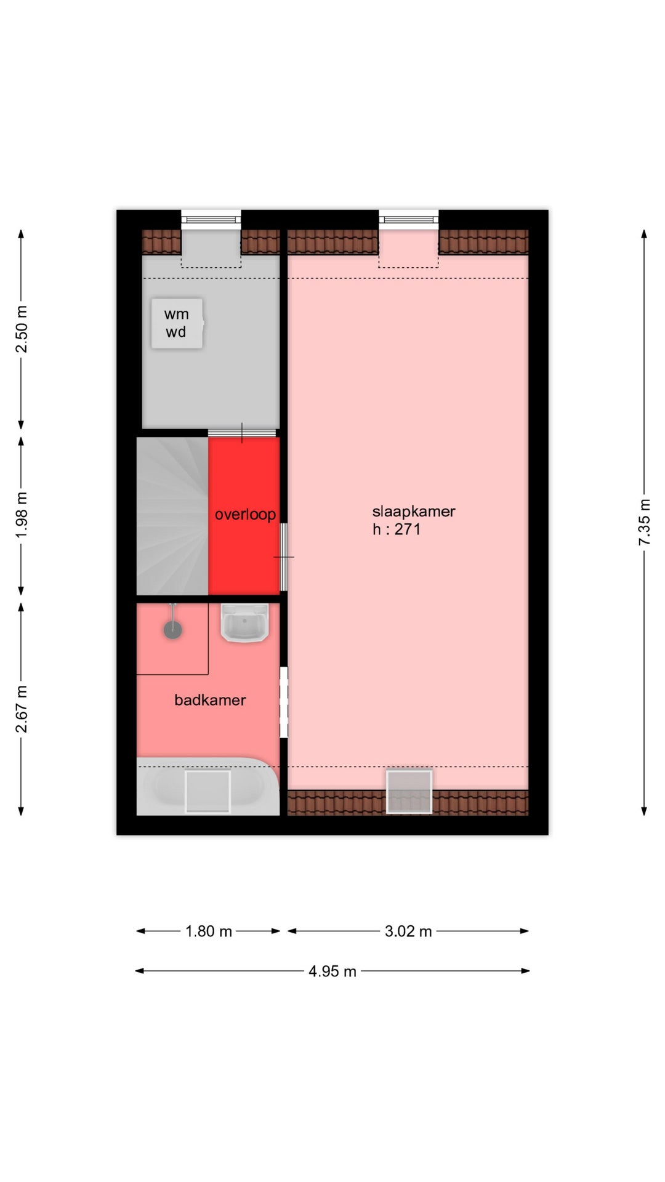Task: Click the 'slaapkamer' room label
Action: coord(413,512)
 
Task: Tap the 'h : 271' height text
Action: coord(397,529)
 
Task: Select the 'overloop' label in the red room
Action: coord(245,514)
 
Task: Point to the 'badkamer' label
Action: coord(210,700)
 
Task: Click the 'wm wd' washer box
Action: coord(177,323)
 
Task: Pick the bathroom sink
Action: coord(244,623)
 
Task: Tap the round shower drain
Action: coord(172,629)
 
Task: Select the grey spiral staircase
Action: coord(172,516)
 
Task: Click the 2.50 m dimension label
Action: coord(22,329)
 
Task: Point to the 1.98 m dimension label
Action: coord(22,515)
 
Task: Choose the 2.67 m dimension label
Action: coord(22,709)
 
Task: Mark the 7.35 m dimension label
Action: coord(644,522)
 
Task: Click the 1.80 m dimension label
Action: coord(209,931)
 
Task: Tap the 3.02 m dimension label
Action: coord(408,931)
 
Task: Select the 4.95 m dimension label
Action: coord(332,971)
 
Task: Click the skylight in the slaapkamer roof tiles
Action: coord(409,791)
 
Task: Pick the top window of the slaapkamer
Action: coord(409,219)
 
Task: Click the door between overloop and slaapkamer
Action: coord(284,557)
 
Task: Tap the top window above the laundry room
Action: coord(211,219)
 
